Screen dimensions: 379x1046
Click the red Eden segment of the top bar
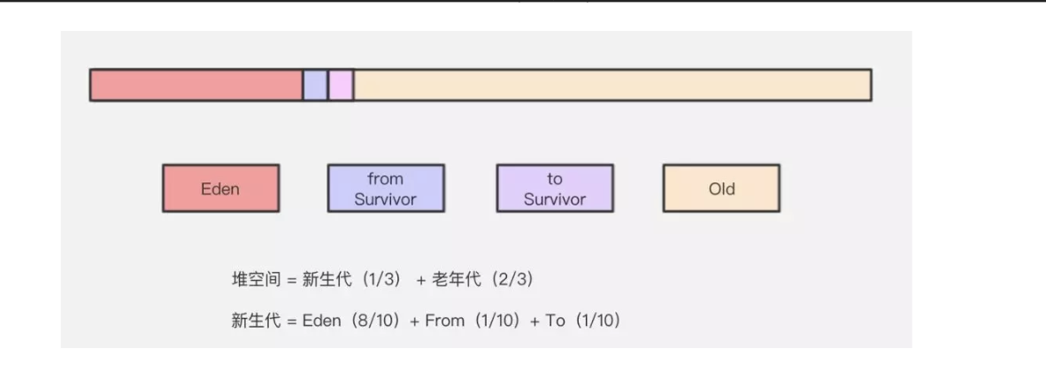click(x=196, y=85)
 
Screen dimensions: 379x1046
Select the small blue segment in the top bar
click(x=315, y=85)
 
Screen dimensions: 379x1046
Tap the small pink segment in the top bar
click(x=341, y=85)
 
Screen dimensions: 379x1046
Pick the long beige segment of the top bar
click(x=611, y=85)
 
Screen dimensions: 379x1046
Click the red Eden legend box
click(x=220, y=189)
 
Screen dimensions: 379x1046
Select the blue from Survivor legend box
click(x=386, y=189)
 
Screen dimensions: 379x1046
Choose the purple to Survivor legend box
click(x=554, y=189)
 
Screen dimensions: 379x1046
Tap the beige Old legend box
click(x=721, y=189)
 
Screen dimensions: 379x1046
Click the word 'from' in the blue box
click(x=385, y=179)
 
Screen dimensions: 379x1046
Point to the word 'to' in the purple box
click(x=555, y=179)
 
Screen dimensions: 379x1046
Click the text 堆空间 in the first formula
click(x=252, y=280)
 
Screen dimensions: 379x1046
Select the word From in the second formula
click(x=444, y=321)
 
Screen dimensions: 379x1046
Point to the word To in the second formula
click(x=555, y=321)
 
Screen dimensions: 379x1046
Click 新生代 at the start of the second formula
click(x=252, y=321)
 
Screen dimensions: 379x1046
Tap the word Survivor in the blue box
click(x=386, y=199)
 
